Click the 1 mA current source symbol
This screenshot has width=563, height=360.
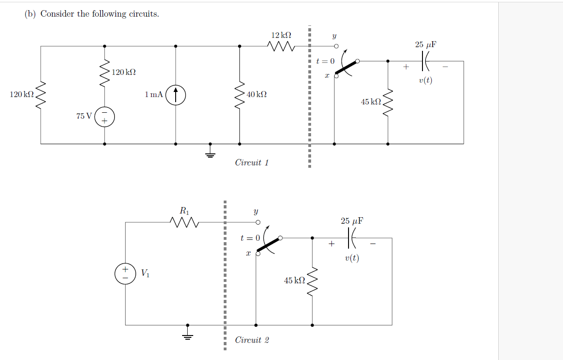176,95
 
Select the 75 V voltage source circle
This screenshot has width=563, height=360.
104,117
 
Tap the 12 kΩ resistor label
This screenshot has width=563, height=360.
281,35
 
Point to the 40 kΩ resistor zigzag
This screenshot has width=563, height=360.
239,95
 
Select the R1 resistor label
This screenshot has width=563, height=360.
184,210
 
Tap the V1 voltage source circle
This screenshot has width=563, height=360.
125,274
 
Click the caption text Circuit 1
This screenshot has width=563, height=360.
251,163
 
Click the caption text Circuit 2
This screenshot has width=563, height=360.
251,340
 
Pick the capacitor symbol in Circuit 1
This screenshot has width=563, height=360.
426,61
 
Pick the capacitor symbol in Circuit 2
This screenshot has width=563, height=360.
352,238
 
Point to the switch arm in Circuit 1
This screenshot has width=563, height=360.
346,67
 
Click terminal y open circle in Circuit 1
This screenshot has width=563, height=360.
337,46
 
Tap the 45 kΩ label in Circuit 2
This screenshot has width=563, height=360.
294,281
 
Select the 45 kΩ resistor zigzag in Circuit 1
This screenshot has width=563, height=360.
388,102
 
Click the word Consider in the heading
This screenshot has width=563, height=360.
57,14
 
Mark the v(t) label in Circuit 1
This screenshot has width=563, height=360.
425,80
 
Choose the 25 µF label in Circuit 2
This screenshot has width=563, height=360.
352,221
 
